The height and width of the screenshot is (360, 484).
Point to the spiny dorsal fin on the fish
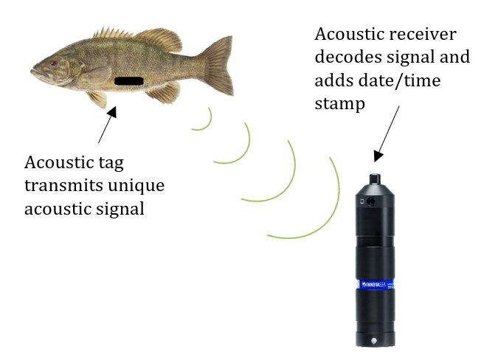tap(114, 33)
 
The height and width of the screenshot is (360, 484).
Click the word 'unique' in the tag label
tap(141, 185)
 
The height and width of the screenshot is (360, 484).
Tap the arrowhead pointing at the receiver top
tap(378, 155)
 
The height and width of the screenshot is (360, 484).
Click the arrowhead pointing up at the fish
tap(112, 113)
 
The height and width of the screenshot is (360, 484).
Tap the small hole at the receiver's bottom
tap(376, 340)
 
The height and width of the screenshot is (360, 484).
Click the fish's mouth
tap(34, 73)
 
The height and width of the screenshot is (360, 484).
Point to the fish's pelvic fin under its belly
tap(99, 99)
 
